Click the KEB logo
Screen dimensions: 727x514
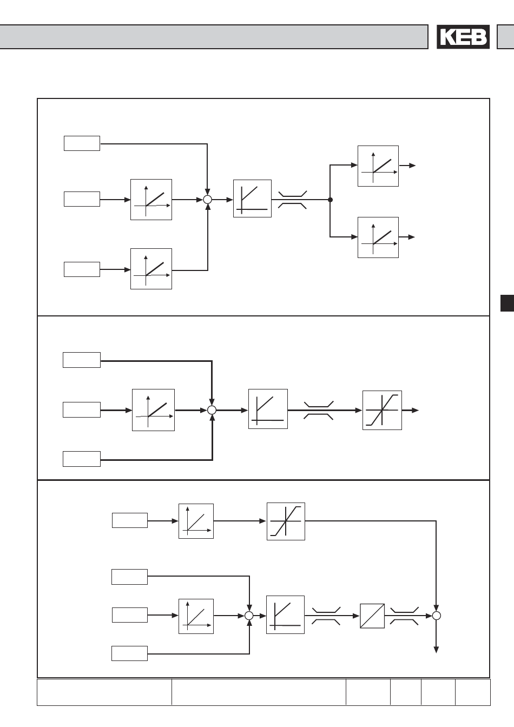(463, 37)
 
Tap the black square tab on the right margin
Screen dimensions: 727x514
(507, 303)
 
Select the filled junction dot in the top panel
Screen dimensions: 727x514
(330, 200)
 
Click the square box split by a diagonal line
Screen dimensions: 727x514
(372, 616)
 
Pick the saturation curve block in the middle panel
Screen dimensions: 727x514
(382, 410)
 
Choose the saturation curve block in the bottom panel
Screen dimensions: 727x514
(286, 521)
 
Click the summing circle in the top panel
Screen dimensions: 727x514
(207, 200)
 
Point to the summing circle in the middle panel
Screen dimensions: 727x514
(212, 410)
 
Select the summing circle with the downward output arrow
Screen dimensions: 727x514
(437, 616)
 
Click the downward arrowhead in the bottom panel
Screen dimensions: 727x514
(437, 650)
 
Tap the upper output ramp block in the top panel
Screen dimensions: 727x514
(378, 166)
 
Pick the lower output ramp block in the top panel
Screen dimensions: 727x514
(378, 237)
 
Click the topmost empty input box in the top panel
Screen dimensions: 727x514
(82, 143)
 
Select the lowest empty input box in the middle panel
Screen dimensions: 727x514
(82, 459)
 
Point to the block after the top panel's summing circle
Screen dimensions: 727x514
(252, 199)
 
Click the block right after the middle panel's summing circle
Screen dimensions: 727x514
(268, 409)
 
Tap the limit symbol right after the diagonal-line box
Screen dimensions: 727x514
(404, 616)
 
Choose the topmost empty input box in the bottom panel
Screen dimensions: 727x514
(130, 520)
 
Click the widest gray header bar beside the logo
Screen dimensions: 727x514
(214, 37)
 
